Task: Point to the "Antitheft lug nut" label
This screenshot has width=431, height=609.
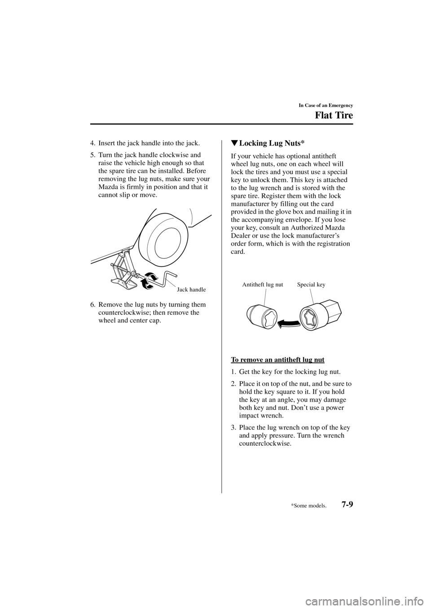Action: (x=263, y=284)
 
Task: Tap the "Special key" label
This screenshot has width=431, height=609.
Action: (x=311, y=284)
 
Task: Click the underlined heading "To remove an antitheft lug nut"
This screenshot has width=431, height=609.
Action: (x=277, y=360)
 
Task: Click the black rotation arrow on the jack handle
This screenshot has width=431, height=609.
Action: (x=149, y=281)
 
